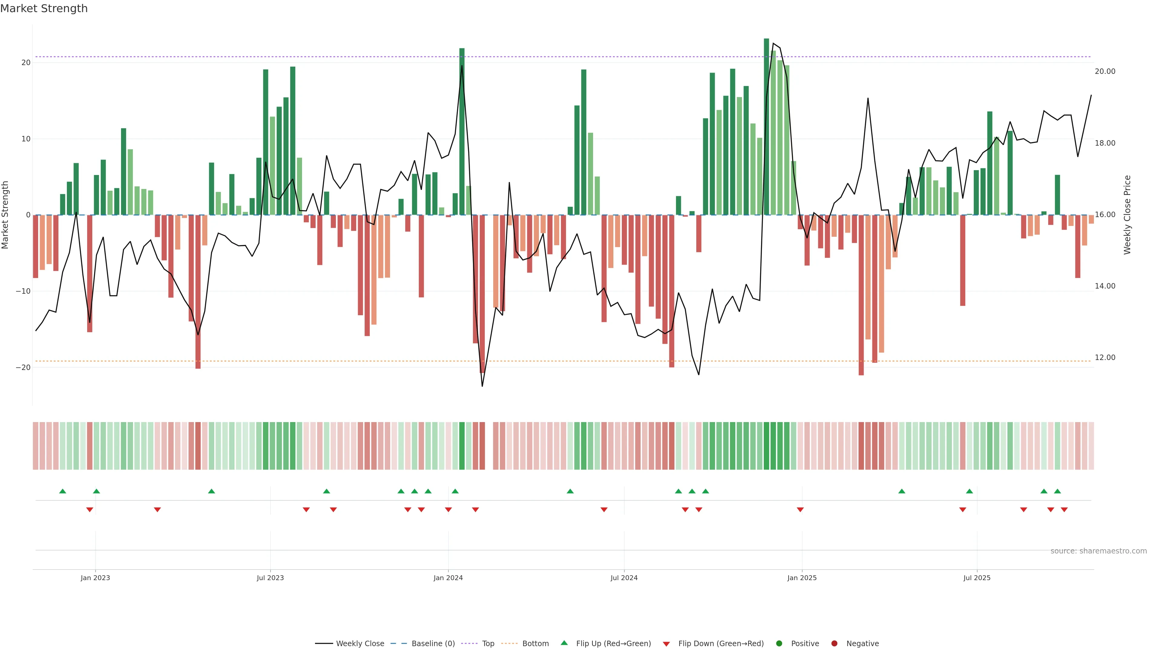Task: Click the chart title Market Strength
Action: click(x=44, y=8)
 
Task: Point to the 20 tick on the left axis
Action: click(x=26, y=63)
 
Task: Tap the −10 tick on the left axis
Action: click(x=23, y=291)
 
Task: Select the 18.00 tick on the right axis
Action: click(x=1105, y=143)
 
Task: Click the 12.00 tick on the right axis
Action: click(x=1105, y=358)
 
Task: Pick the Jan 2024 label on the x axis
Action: click(x=448, y=578)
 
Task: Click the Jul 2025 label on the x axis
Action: click(x=977, y=578)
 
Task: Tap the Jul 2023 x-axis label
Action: click(x=270, y=578)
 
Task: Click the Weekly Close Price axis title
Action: click(x=1127, y=215)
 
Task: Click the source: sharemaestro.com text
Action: click(x=1098, y=551)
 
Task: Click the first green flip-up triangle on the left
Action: click(x=63, y=491)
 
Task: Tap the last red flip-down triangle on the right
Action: click(x=1064, y=510)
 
